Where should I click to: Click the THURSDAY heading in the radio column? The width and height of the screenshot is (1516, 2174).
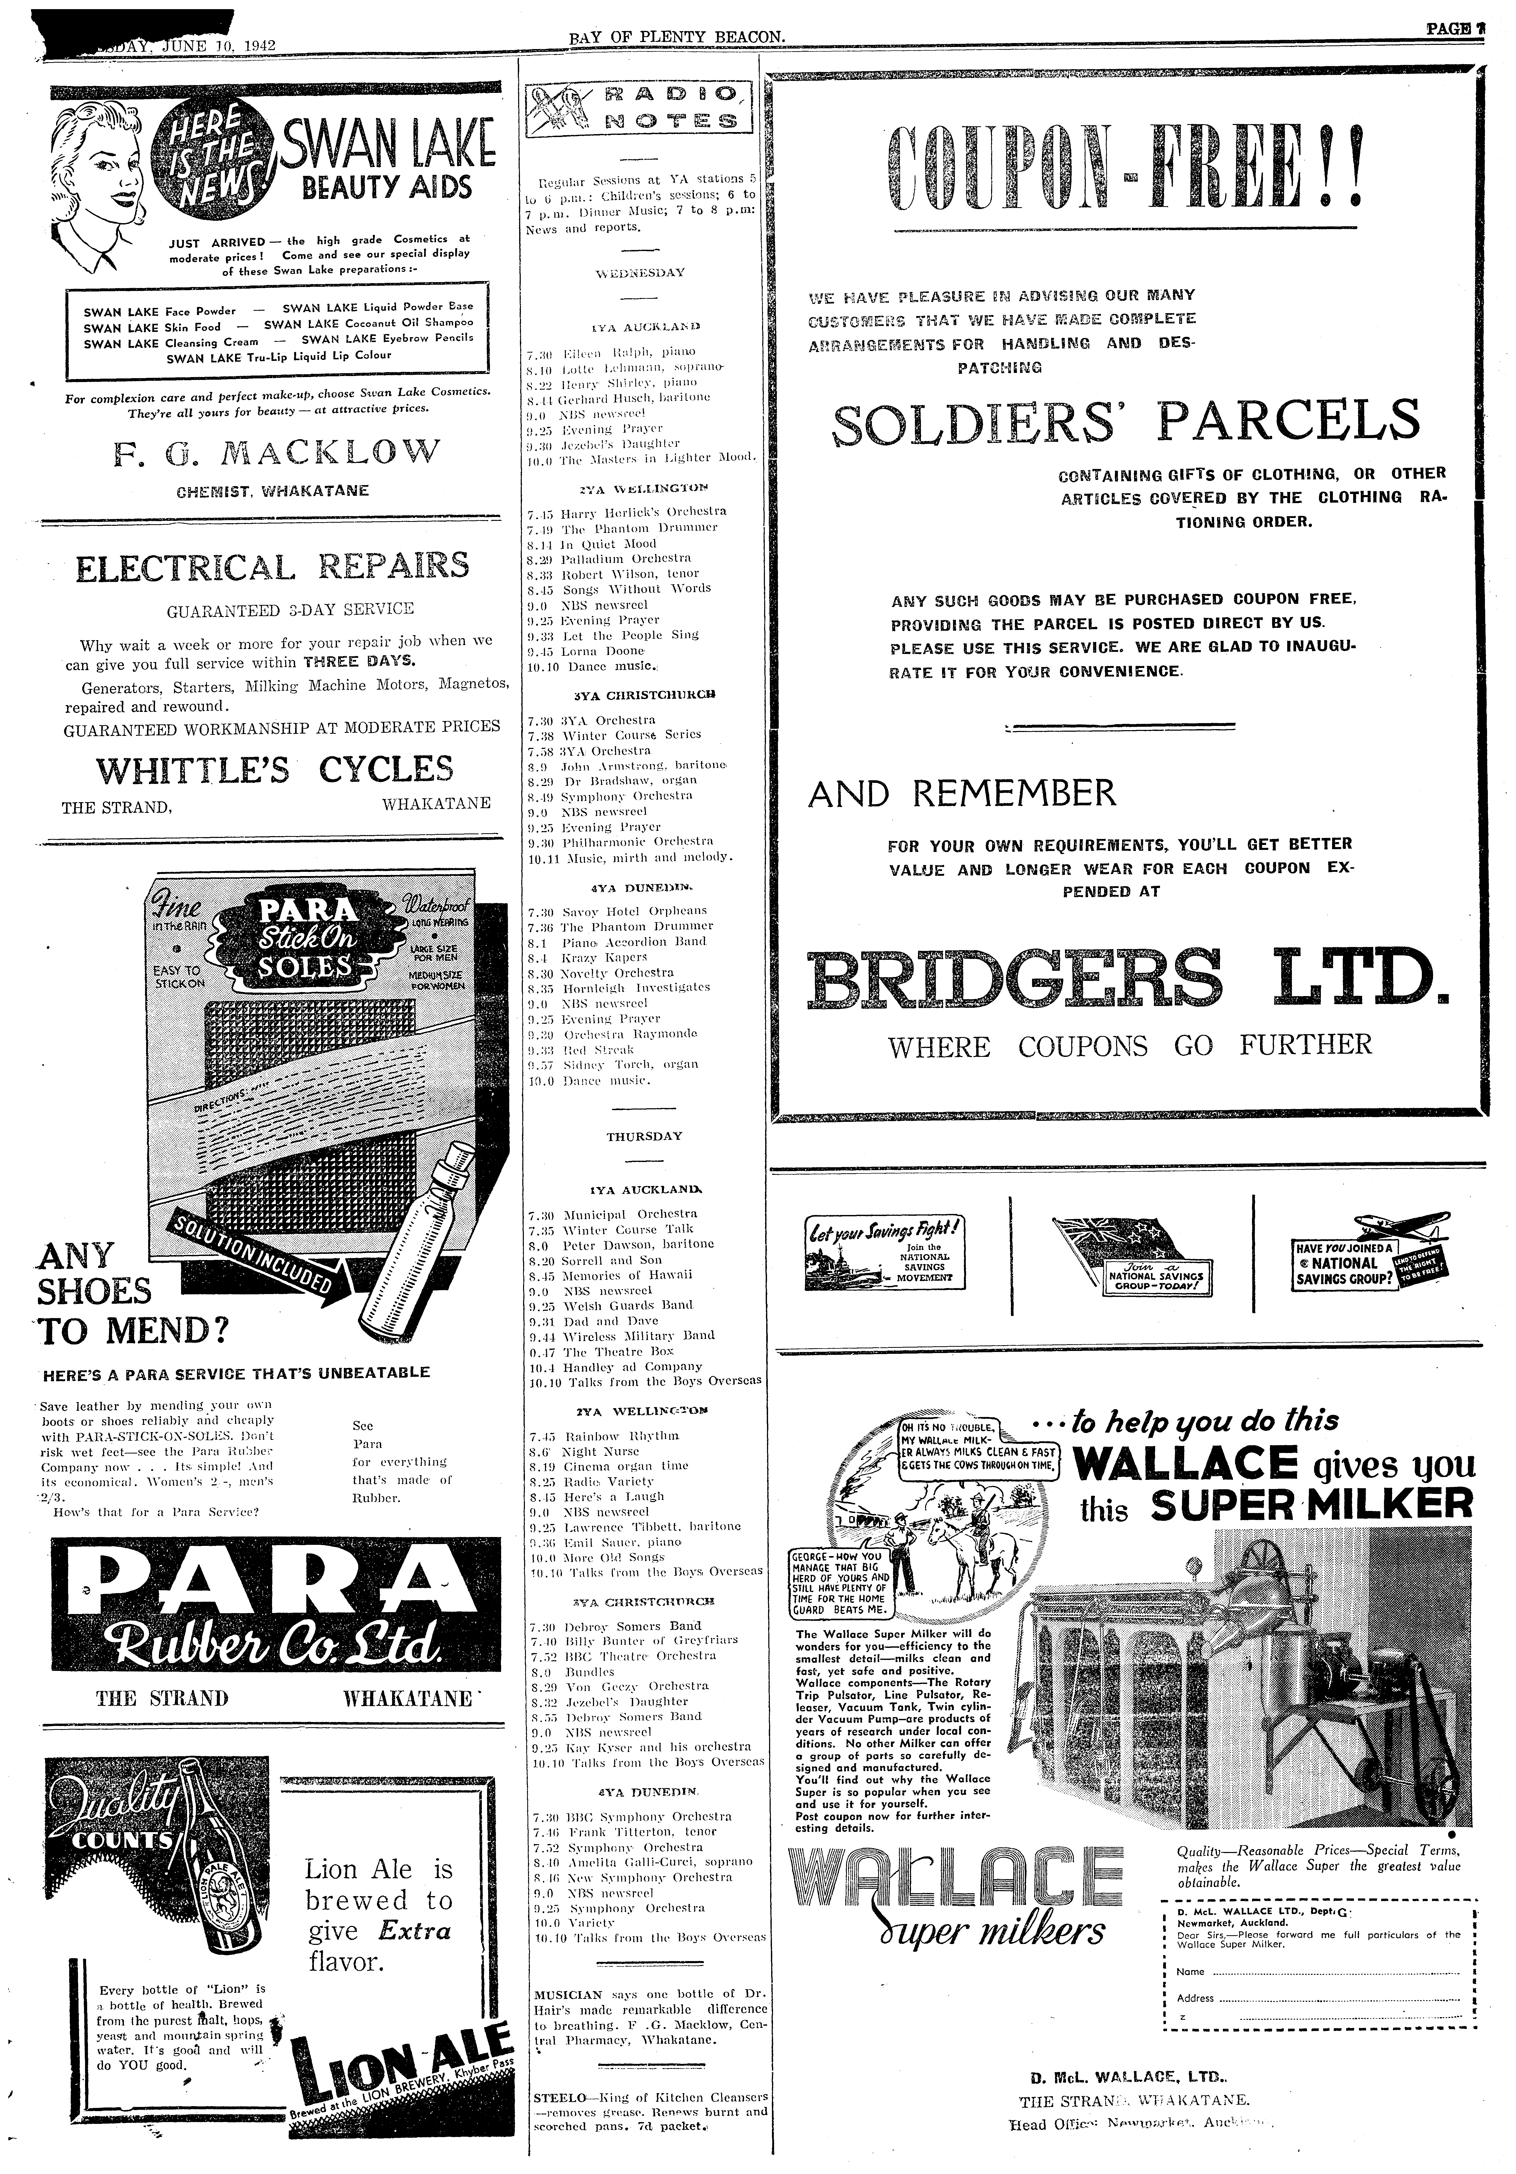[x=644, y=1136]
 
